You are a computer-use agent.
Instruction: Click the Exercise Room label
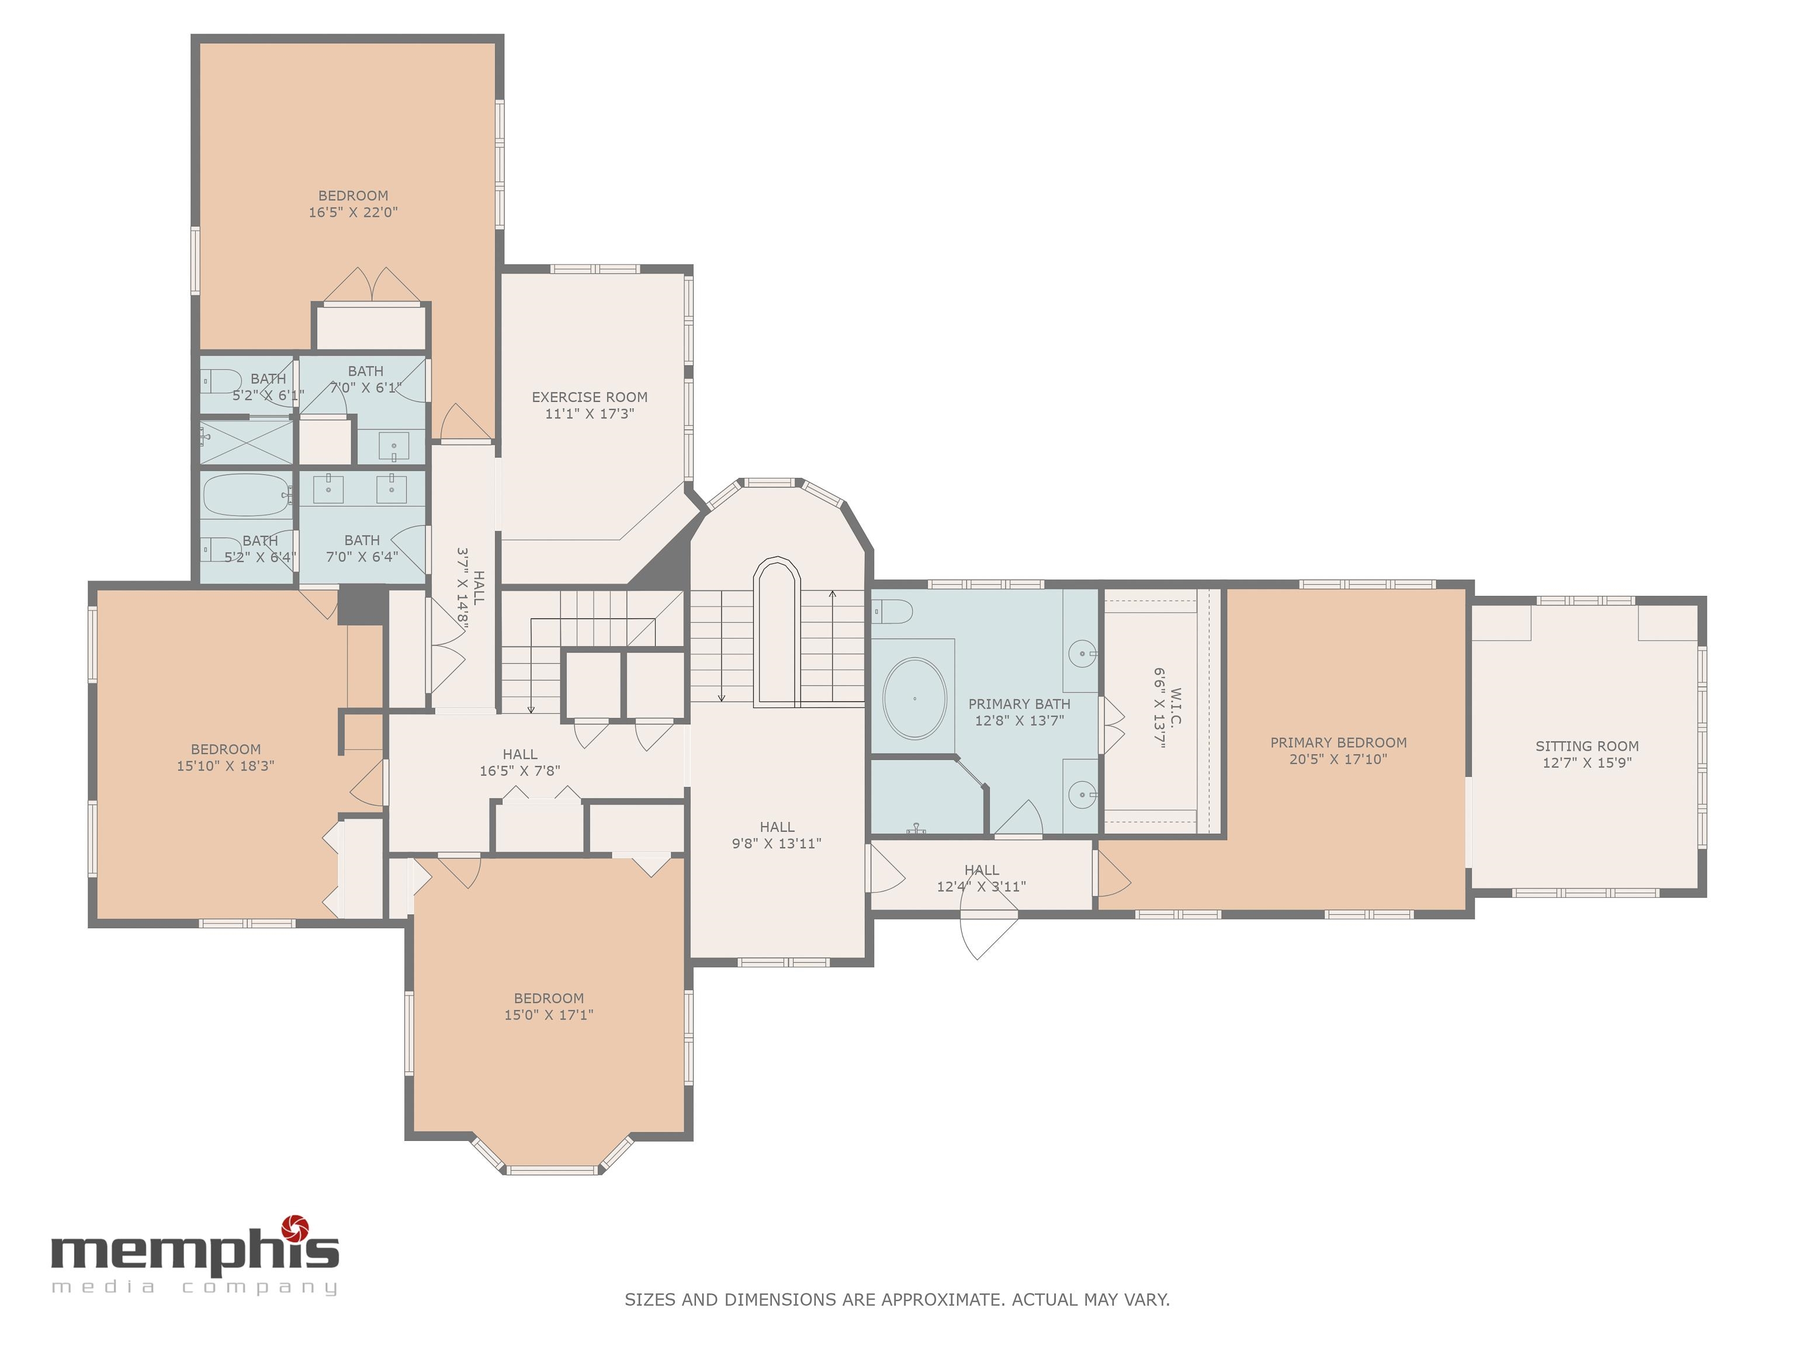[x=589, y=397]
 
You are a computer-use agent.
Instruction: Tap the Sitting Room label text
[x=1586, y=745]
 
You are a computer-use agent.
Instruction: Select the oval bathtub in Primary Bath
[x=914, y=698]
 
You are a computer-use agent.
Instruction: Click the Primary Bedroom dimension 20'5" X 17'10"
[x=1338, y=759]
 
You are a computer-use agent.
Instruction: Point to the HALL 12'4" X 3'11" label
[x=981, y=878]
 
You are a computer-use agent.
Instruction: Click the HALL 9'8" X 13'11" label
[x=777, y=835]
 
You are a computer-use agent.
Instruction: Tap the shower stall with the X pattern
[x=246, y=442]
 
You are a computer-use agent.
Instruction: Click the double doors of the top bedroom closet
[x=372, y=286]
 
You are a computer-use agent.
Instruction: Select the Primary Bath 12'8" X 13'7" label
[x=1018, y=712]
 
